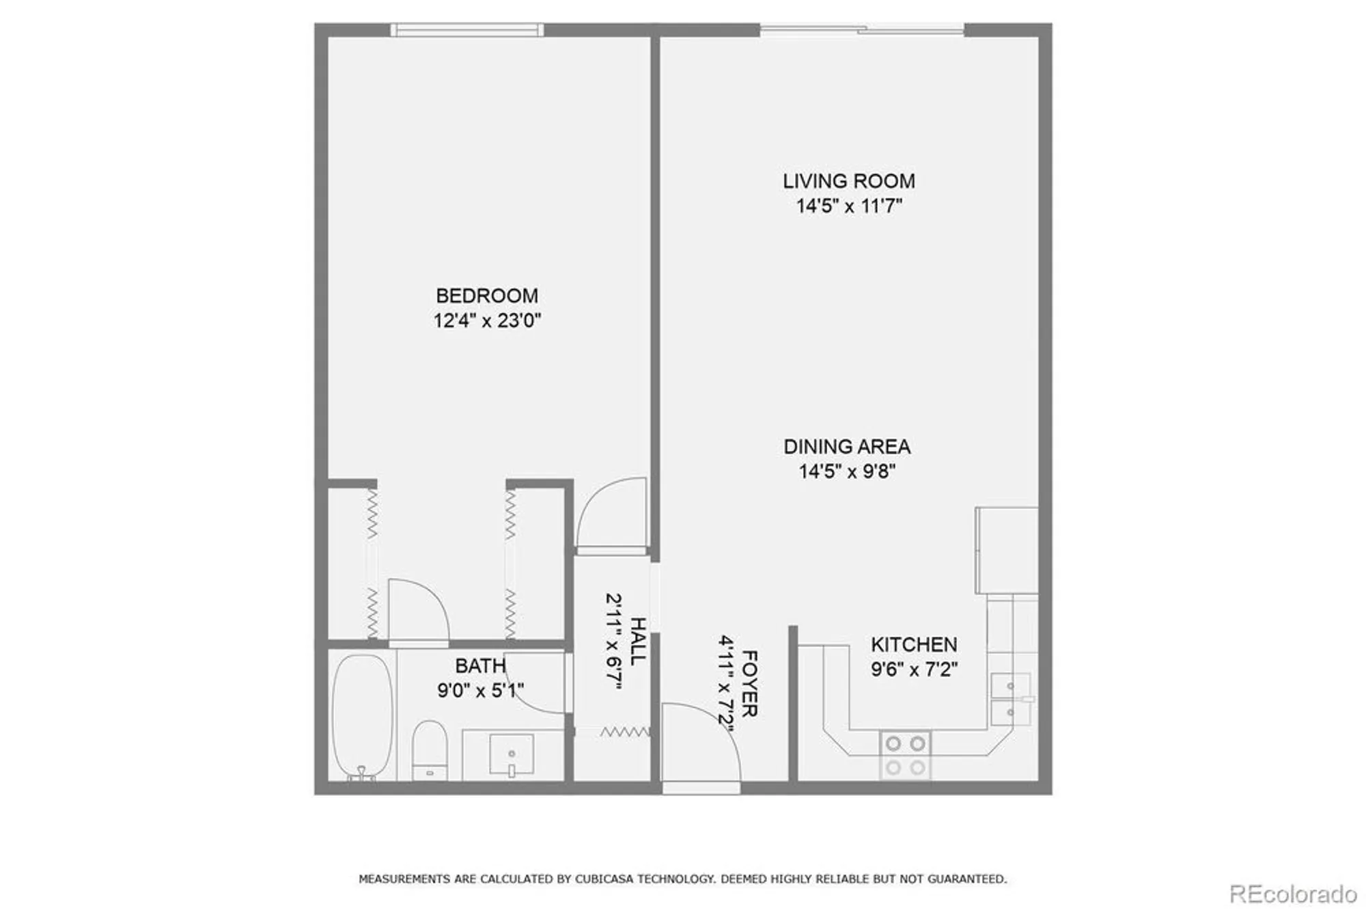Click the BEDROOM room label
[486, 296]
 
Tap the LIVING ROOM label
[848, 181]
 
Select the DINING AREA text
[846, 447]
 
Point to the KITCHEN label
[913, 644]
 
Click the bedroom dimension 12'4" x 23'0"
[486, 320]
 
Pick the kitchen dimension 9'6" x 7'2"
[913, 669]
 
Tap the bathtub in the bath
[362, 714]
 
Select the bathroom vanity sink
[511, 755]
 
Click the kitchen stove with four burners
[905, 755]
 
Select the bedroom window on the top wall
[467, 29]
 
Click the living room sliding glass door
[861, 29]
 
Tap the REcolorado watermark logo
[1292, 894]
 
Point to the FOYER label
[749, 683]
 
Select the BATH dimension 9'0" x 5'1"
[480, 691]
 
